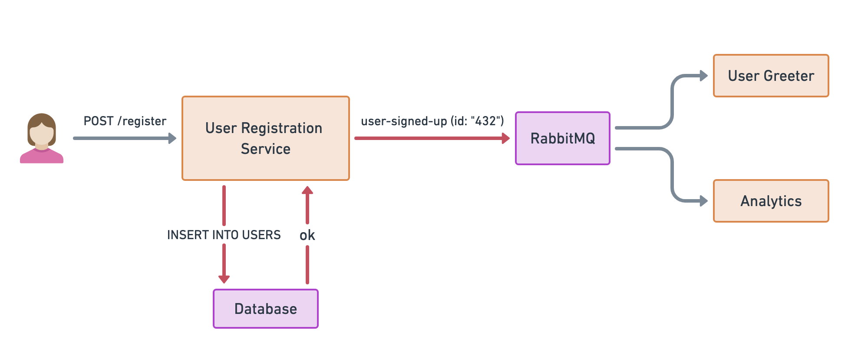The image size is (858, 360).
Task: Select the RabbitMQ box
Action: click(562, 138)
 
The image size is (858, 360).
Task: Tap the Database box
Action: click(265, 309)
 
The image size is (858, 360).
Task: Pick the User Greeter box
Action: click(771, 76)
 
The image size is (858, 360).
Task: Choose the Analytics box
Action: click(771, 201)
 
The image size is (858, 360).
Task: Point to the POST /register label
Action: click(125, 121)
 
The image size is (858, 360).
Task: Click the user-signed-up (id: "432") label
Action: click(432, 121)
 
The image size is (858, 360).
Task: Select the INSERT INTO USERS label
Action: click(224, 235)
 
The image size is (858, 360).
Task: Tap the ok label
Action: click(307, 235)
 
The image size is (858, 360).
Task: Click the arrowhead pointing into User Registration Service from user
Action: click(172, 138)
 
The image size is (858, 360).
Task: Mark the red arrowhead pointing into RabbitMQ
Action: click(505, 138)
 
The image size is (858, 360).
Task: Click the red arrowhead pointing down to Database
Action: click(224, 279)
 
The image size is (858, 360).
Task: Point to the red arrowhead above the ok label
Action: click(307, 190)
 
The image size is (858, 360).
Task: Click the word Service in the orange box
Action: click(265, 149)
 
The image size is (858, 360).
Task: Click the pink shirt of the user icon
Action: click(42, 157)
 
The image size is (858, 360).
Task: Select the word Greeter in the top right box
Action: click(789, 76)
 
